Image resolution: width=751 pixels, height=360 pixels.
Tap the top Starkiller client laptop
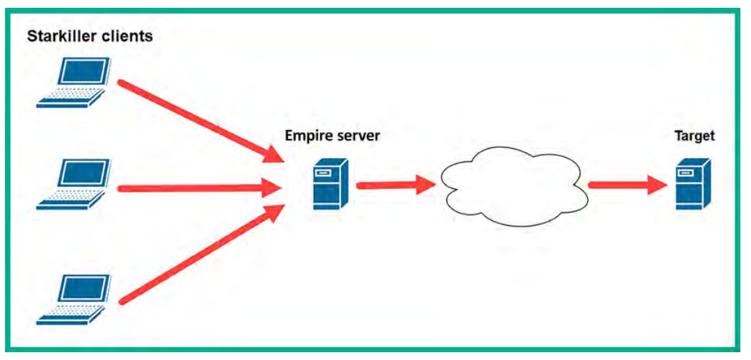74,83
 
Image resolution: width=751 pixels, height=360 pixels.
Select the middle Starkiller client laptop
74,184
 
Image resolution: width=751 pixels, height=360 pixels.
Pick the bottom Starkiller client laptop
74,300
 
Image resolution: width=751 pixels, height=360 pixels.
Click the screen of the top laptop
82,72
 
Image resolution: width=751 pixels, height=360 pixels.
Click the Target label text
694,136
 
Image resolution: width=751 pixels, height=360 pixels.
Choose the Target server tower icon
694,184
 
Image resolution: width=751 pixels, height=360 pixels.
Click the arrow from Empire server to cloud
396,185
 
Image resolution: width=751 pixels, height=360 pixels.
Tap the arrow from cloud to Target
629,185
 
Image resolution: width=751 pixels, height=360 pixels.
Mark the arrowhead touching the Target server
658,185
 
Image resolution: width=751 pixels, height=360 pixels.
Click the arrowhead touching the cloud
426,185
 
